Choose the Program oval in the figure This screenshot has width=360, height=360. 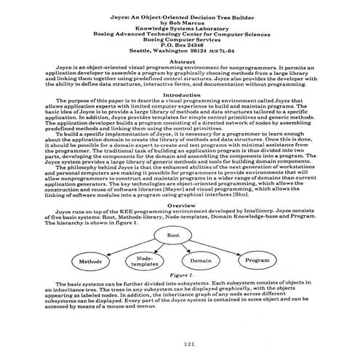click(257, 259)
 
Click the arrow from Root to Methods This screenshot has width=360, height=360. click(124, 245)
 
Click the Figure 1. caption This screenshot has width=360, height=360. click(178, 276)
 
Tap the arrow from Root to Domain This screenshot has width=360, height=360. click(189, 247)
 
